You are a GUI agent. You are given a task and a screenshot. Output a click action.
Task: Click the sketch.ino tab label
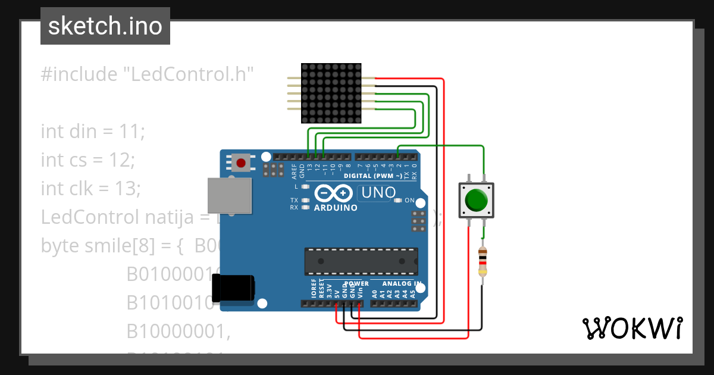[x=105, y=26]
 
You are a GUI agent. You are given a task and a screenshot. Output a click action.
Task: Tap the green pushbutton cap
[x=477, y=200]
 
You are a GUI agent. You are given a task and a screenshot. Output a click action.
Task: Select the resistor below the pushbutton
[x=483, y=262]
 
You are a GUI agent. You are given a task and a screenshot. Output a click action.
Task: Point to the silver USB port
[x=228, y=195]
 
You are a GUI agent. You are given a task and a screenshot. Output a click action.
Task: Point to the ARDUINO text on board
[x=336, y=208]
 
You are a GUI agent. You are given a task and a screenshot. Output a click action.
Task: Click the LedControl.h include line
[x=148, y=74]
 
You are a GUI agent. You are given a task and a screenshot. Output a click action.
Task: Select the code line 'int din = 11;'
[x=93, y=131]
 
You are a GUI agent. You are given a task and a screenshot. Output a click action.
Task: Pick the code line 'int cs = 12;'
[x=88, y=160]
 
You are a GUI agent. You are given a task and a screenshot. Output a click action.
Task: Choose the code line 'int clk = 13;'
[x=90, y=188]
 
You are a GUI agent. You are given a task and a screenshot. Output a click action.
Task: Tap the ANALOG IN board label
[x=402, y=283]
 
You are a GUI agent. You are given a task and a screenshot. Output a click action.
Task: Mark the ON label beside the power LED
[x=409, y=201]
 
